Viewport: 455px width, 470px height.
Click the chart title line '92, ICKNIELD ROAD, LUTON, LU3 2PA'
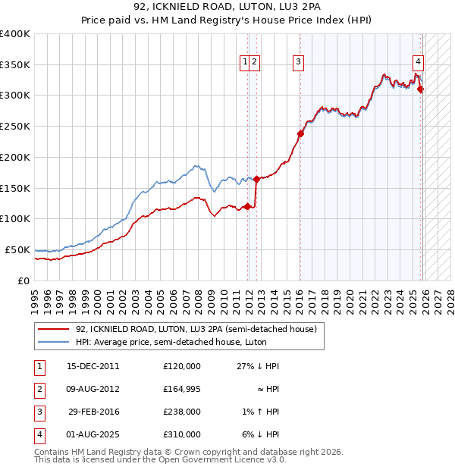pyautogui.click(x=227, y=8)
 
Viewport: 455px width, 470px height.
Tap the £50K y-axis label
pyautogui.click(x=17, y=249)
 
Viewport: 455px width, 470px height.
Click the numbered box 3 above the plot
pyautogui.click(x=299, y=63)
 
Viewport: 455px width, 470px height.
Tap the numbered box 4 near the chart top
pyautogui.click(x=419, y=63)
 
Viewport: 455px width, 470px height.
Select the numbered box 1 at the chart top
pyautogui.click(x=246, y=63)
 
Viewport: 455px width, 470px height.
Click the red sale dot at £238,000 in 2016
pyautogui.click(x=300, y=133)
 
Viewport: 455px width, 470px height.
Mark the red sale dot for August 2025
pyautogui.click(x=420, y=89)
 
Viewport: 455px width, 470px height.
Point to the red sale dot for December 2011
pyautogui.click(x=247, y=206)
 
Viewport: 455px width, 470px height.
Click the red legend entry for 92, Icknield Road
pyautogui.click(x=200, y=329)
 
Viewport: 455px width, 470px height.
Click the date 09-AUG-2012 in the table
pyautogui.click(x=93, y=389)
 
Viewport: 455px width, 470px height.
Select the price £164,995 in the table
pyautogui.click(x=182, y=389)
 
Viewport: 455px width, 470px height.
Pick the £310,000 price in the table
pyautogui.click(x=182, y=434)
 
